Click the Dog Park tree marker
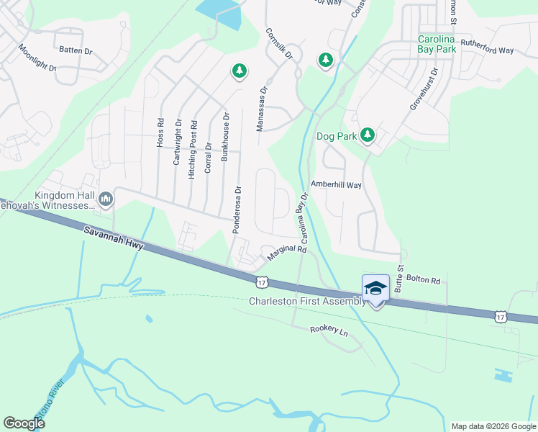(x=368, y=135)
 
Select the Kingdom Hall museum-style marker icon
(x=106, y=198)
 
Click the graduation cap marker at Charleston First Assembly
(x=375, y=289)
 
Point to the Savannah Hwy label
(x=114, y=237)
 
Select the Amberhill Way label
(x=335, y=184)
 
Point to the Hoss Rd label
(x=160, y=134)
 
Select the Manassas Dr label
(x=263, y=109)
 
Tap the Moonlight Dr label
(x=37, y=58)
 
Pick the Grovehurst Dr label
(x=424, y=89)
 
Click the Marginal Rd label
(x=287, y=253)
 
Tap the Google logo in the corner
(x=24, y=423)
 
